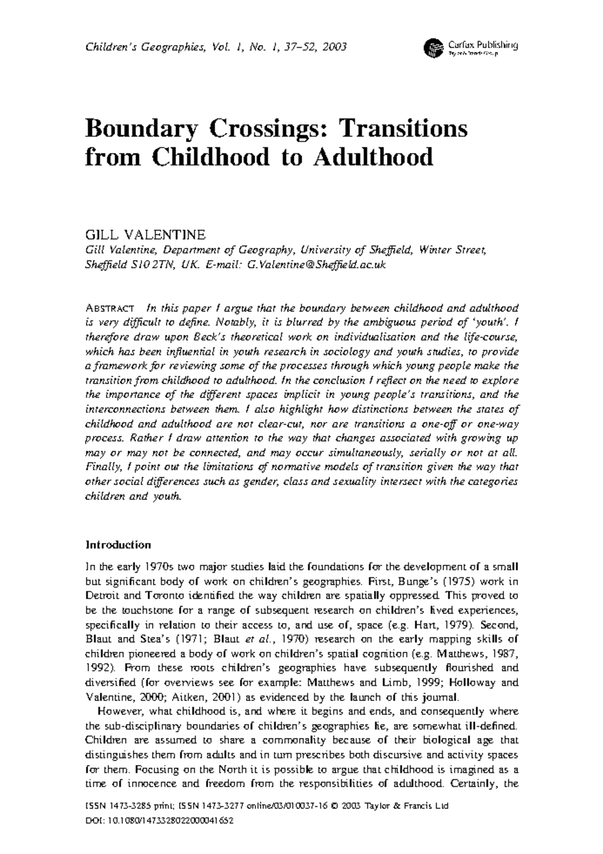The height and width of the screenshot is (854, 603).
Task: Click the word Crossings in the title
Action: [x=264, y=128]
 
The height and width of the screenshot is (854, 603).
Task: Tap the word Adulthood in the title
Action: [x=373, y=157]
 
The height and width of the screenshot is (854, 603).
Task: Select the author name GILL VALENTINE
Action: [x=146, y=235]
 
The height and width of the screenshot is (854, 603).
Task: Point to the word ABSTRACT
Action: [x=110, y=308]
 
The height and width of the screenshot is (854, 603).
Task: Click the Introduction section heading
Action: [x=118, y=545]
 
